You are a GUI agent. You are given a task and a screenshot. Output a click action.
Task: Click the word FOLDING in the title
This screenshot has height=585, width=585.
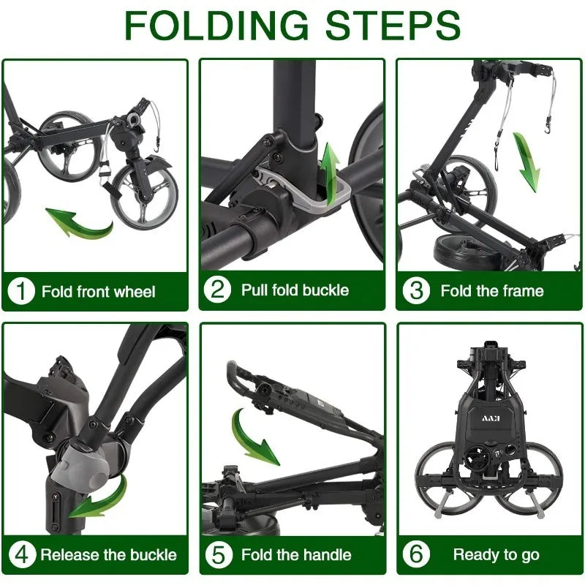tap(216, 25)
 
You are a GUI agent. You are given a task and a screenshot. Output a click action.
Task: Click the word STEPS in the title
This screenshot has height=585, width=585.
tap(393, 25)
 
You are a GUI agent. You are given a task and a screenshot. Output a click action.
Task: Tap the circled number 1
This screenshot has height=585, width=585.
tap(21, 291)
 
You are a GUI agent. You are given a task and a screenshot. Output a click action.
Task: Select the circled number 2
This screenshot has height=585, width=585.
tap(217, 290)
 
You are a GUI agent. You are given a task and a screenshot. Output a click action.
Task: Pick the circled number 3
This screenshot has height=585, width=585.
tap(416, 290)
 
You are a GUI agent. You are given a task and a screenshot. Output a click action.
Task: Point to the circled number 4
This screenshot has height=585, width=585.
tap(22, 554)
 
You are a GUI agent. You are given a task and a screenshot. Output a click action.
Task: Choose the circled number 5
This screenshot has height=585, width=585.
tap(219, 554)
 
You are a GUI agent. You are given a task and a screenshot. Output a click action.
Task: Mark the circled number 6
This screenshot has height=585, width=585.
tap(416, 554)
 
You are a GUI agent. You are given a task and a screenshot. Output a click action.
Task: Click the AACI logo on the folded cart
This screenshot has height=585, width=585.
tap(491, 418)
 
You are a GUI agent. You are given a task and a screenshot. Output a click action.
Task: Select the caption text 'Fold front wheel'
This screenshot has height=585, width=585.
tap(99, 292)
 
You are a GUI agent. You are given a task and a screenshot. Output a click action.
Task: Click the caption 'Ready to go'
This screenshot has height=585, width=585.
tap(497, 555)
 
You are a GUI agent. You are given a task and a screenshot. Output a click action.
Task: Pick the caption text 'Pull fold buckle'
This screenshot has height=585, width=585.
tap(295, 290)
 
